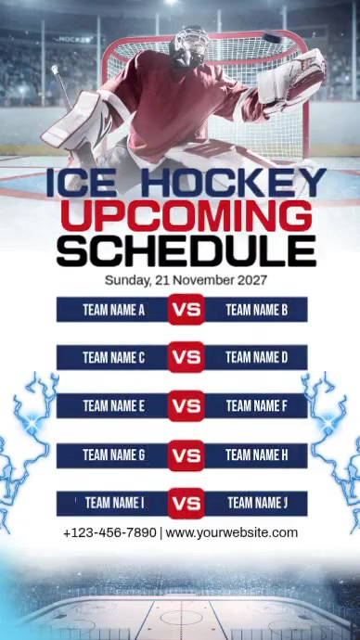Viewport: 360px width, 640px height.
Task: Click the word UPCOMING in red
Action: [191, 216]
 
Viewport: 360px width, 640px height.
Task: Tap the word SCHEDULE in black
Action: [186, 250]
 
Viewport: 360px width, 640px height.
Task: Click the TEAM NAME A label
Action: [113, 310]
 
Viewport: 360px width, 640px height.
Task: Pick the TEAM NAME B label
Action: [257, 310]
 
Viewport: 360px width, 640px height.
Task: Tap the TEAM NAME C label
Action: [113, 358]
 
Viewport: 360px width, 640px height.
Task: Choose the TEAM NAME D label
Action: [257, 358]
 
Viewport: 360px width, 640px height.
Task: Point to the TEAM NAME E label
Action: [113, 406]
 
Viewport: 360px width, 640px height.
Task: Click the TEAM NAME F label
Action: [257, 406]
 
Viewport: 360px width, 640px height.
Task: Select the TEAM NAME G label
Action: [113, 455]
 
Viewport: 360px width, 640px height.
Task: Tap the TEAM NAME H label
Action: [257, 455]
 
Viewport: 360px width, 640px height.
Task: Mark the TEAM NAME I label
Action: [114, 504]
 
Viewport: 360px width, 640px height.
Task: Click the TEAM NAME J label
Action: [257, 504]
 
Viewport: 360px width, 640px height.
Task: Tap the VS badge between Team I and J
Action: [186, 504]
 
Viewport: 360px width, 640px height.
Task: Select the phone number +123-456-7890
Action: [109, 533]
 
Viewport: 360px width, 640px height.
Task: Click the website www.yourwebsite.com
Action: [232, 533]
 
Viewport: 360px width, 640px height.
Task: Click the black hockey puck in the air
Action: [271, 39]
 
